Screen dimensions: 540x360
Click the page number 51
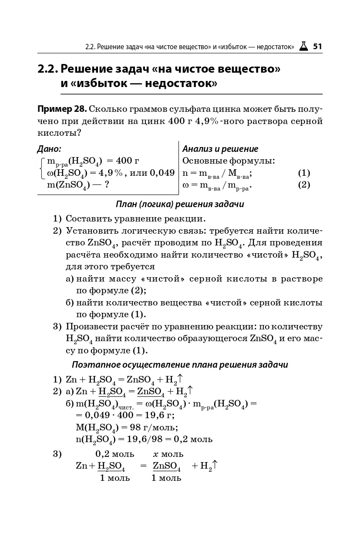click(x=317, y=46)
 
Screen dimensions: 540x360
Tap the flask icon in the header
click(x=303, y=46)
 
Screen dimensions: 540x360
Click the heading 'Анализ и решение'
click(x=220, y=149)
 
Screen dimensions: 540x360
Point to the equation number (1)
click(x=304, y=173)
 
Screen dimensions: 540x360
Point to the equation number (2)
click(x=304, y=185)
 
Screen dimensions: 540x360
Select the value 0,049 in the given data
click(x=162, y=173)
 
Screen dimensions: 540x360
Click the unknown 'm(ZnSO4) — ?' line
click(x=77, y=185)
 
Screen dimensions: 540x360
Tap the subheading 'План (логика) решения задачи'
click(x=180, y=204)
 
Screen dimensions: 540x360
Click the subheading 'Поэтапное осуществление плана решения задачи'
click(x=180, y=365)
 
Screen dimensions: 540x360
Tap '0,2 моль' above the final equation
click(x=115, y=453)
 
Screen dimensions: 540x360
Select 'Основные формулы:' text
click(x=229, y=161)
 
